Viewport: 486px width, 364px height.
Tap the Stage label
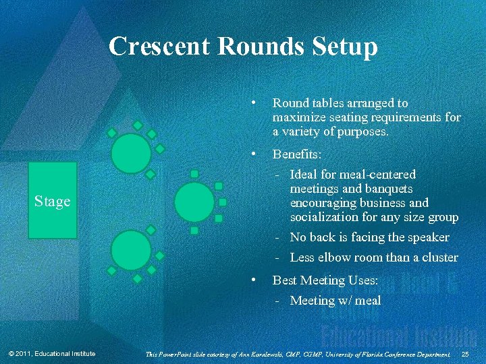(53, 202)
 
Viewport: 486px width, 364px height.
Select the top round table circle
(131, 152)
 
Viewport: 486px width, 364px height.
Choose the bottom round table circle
(131, 250)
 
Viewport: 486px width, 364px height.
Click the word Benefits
(297, 155)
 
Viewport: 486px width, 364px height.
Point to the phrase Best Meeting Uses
(325, 280)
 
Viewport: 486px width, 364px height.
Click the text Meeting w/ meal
(335, 301)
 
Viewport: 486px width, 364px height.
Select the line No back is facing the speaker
(369, 237)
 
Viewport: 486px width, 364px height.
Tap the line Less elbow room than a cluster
(373, 257)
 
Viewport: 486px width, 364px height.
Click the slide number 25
(465, 355)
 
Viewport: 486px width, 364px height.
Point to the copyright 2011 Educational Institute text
(52, 355)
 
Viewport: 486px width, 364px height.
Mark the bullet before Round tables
(252, 103)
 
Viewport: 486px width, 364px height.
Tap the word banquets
(387, 189)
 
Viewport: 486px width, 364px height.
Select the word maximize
(297, 117)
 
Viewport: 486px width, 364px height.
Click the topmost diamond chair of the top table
(138, 125)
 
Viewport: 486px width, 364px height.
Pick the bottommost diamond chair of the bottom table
(137, 278)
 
